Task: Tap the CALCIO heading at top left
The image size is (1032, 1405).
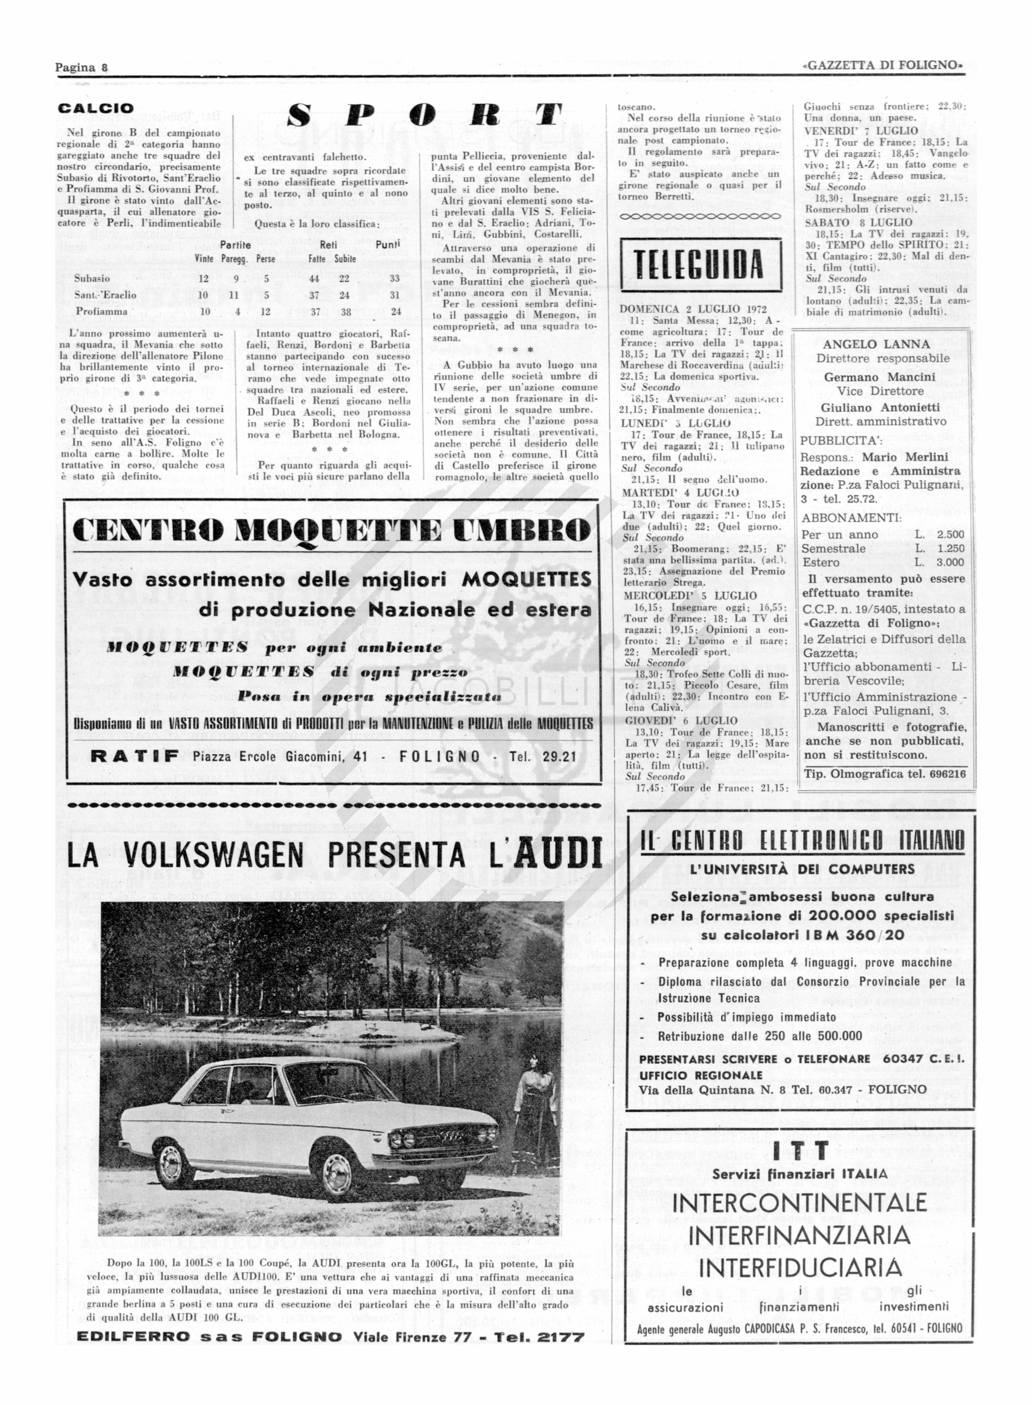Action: click(x=95, y=109)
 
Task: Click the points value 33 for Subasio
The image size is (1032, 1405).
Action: click(x=395, y=279)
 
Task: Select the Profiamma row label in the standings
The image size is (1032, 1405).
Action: click(x=101, y=311)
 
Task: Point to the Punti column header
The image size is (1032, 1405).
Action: click(x=387, y=246)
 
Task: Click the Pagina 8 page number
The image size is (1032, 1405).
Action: click(x=82, y=67)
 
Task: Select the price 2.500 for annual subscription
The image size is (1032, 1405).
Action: click(x=950, y=534)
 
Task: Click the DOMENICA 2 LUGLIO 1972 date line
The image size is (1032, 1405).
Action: click(x=691, y=309)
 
